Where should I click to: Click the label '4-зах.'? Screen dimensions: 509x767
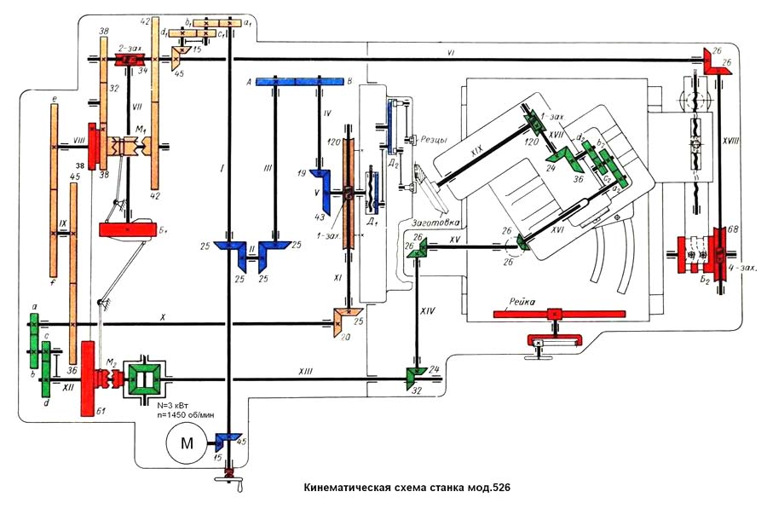[x=744, y=267]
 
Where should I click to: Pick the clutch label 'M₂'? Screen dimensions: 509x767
[x=110, y=362]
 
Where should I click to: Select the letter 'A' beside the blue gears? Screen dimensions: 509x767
[x=248, y=82]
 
